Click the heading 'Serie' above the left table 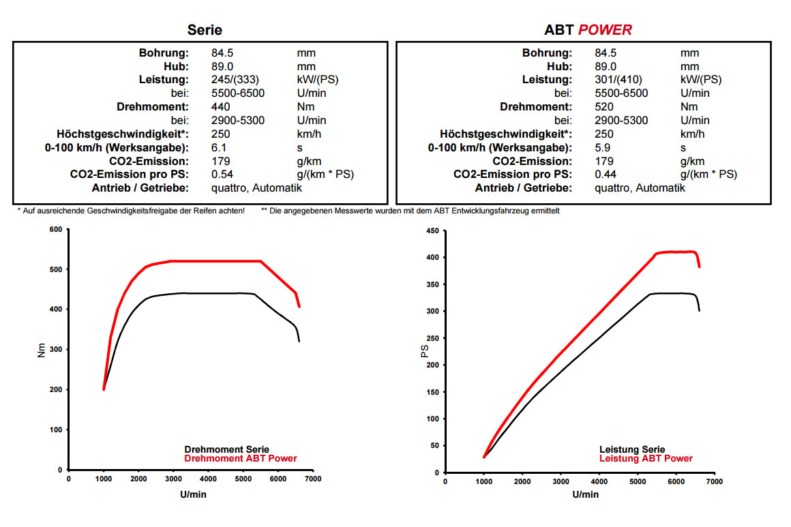[x=205, y=30]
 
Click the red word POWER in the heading [x=605, y=30]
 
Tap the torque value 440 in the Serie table [x=221, y=107]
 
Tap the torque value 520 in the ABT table [x=604, y=107]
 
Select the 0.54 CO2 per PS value [x=222, y=175]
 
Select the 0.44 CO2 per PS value [x=606, y=175]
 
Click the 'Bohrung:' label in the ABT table [x=547, y=53]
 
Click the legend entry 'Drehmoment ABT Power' [x=241, y=459]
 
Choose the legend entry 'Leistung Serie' [x=632, y=450]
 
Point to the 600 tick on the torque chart [x=55, y=229]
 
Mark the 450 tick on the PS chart [x=432, y=230]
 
